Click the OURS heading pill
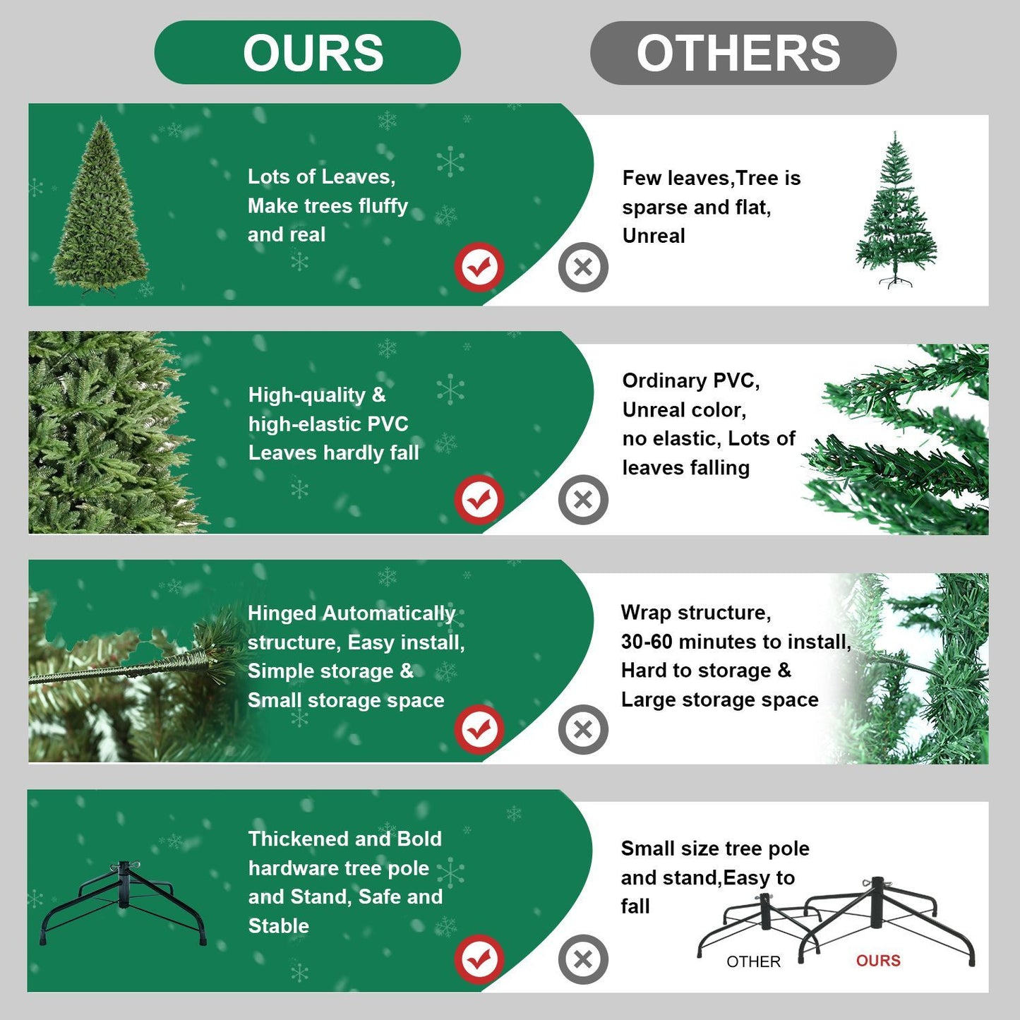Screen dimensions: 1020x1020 pos(308,53)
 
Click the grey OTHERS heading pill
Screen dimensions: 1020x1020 pos(743,53)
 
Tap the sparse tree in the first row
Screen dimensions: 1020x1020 pos(896,210)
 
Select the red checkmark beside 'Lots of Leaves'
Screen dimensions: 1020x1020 pos(479,267)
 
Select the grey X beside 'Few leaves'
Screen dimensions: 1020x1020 pos(583,267)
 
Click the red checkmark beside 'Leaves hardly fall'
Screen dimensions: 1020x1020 pos(479,500)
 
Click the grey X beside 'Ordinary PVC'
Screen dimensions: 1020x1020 pos(583,500)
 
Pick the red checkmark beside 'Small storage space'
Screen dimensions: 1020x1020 pos(479,729)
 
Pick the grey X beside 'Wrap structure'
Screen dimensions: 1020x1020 pos(583,729)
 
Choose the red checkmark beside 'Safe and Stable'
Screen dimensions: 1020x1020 pos(479,959)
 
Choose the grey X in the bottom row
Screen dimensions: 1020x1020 pos(583,959)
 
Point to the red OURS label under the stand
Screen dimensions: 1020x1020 pos(878,961)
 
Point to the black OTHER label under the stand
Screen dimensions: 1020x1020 pos(753,961)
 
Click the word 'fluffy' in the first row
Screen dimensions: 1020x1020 pos(383,206)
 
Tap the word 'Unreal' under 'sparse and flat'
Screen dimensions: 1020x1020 pos(654,236)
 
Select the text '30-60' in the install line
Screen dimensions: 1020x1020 pos(647,642)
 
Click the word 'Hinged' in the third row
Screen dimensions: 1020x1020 pos(282,613)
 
